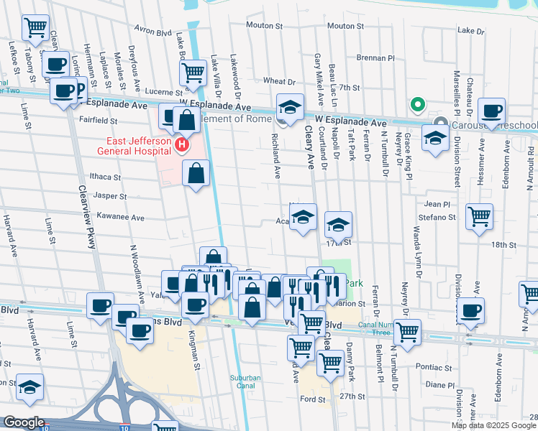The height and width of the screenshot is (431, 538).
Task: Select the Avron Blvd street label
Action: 154,32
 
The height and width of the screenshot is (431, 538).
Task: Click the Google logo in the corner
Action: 24,422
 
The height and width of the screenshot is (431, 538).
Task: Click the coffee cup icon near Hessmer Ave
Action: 492,112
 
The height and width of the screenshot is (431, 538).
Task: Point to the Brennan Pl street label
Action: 376,58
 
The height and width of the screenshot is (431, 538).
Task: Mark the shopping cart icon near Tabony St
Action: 35,28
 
